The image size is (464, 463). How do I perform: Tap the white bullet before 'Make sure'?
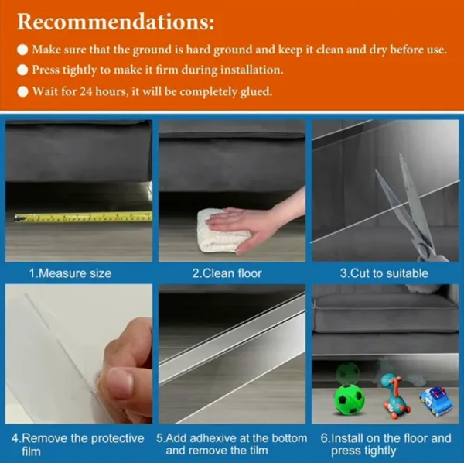click(x=22, y=50)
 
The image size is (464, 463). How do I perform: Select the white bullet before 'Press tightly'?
click(x=22, y=70)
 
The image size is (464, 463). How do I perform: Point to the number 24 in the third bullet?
click(x=87, y=91)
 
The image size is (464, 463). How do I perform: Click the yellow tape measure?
click(x=84, y=217)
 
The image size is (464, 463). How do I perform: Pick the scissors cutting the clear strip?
click(x=411, y=207)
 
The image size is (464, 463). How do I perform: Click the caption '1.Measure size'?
click(x=70, y=273)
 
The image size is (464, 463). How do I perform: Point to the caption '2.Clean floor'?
click(x=227, y=273)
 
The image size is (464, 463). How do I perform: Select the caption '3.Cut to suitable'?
click(x=384, y=273)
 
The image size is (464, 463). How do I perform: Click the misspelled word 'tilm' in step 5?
click(x=258, y=451)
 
